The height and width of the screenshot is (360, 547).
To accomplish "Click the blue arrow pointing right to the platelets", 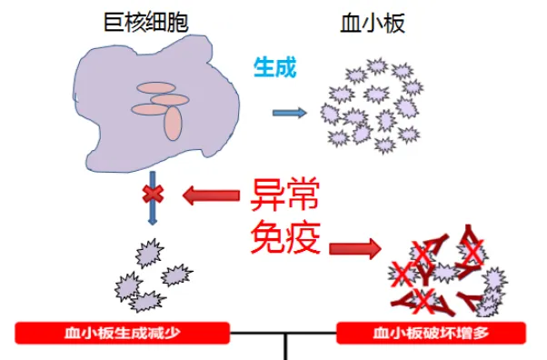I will [290, 113].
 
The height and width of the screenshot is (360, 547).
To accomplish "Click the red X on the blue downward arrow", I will [153, 193].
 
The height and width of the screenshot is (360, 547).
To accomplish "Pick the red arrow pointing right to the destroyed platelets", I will [354, 246].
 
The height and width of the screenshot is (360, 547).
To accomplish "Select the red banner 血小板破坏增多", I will [432, 333].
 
